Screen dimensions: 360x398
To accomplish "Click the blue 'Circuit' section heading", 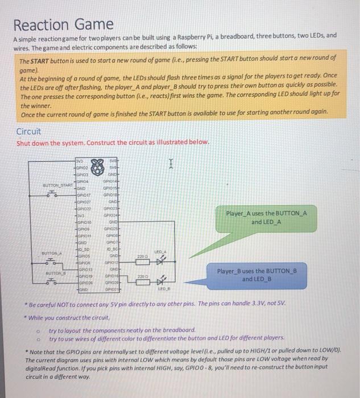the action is click(x=28, y=131).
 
